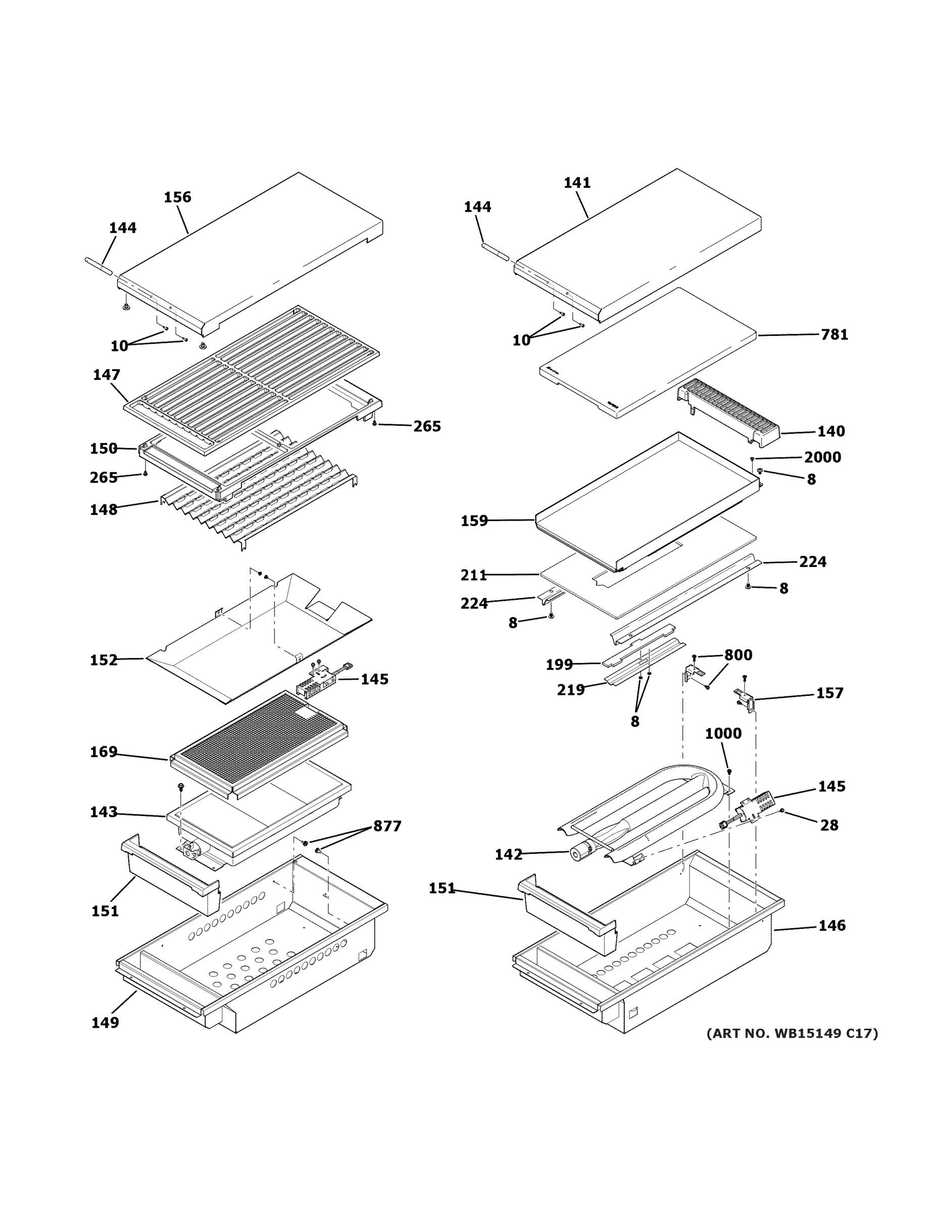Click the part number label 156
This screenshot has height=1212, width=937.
click(177, 197)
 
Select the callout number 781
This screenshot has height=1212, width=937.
click(834, 335)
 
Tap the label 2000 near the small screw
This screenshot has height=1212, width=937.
click(822, 457)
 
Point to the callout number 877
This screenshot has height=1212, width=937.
click(387, 826)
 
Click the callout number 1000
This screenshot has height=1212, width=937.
click(723, 734)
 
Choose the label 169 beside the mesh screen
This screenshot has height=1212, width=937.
click(104, 752)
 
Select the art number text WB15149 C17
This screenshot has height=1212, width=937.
click(792, 1033)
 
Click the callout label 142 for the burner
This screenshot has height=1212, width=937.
click(509, 854)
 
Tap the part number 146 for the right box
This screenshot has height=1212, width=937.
click(831, 926)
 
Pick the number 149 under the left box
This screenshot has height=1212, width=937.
click(105, 1023)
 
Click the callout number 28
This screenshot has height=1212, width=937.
click(829, 826)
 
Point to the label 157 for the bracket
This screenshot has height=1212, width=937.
click(829, 693)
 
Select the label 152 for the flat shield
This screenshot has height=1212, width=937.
click(104, 661)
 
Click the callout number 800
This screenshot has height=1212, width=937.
click(737, 655)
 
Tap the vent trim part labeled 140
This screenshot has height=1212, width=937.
click(733, 411)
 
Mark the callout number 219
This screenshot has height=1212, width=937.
click(571, 690)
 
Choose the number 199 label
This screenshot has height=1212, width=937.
click(559, 665)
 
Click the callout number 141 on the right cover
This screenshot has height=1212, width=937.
click(577, 183)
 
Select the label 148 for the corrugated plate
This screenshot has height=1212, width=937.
click(104, 510)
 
